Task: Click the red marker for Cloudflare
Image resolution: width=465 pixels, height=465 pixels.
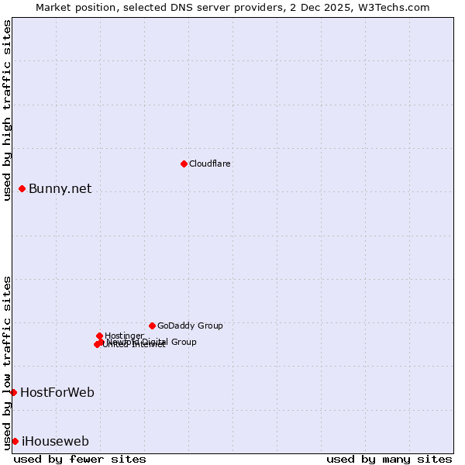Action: [184, 164]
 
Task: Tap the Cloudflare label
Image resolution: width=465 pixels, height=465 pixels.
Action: [210, 164]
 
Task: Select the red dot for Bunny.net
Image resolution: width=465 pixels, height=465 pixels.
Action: [22, 188]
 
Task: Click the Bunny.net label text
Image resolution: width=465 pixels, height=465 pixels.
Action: [60, 188]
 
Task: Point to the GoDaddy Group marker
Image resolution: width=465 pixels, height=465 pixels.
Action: [152, 325]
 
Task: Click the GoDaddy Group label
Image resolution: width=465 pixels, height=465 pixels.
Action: [190, 325]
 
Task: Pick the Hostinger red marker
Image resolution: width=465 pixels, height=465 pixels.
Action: [99, 336]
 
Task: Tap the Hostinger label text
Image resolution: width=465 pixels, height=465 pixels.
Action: [124, 336]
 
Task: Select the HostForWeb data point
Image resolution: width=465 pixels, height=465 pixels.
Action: [13, 392]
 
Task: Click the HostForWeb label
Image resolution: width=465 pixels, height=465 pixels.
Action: [57, 392]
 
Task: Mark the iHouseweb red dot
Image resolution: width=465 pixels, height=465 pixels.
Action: [15, 441]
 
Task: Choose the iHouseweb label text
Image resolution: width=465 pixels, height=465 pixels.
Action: [55, 441]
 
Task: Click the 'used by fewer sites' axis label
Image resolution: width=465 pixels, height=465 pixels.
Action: [80, 459]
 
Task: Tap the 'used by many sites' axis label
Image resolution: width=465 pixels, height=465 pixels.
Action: [389, 459]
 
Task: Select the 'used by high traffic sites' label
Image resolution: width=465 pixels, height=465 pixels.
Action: [7, 109]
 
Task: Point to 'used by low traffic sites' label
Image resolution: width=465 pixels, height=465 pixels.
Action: [7, 362]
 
